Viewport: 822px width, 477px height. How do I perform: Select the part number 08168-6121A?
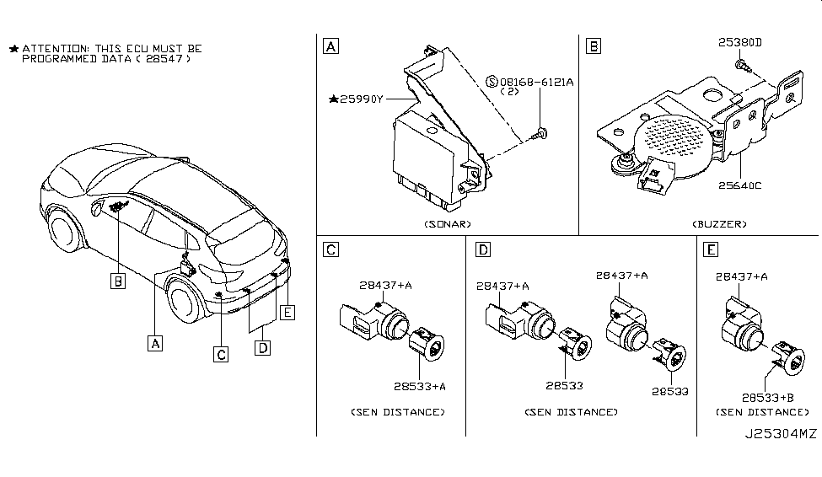(x=537, y=82)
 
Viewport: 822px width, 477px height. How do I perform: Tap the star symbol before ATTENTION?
(x=13, y=50)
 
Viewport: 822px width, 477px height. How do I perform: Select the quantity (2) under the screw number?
(x=510, y=93)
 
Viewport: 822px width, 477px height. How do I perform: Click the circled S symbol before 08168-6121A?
(x=493, y=82)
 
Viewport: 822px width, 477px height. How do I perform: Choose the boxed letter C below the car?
(x=221, y=355)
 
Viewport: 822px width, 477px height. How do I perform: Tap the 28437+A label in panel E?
(x=742, y=276)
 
